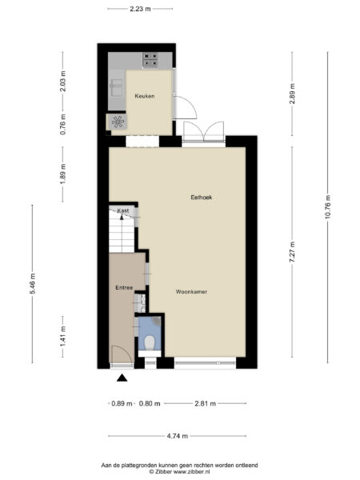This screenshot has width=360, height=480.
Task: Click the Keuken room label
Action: click(x=144, y=96)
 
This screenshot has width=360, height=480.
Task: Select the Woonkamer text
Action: click(x=191, y=292)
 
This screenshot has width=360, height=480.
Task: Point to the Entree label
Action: click(x=123, y=287)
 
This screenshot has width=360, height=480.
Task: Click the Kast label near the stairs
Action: click(x=122, y=210)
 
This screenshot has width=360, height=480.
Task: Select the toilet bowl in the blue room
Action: click(x=149, y=343)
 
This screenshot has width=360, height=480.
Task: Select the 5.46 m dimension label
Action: click(x=33, y=285)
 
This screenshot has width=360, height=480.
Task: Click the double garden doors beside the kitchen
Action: click(x=203, y=133)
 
